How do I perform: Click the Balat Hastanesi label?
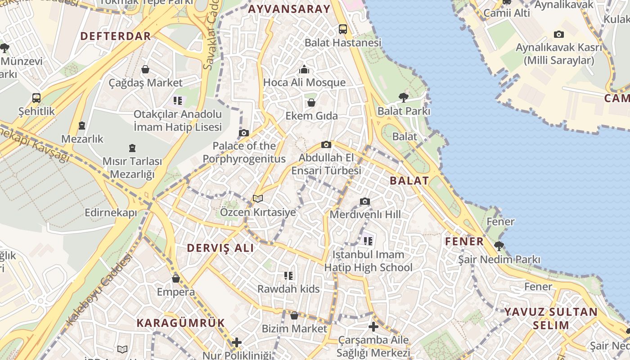343,43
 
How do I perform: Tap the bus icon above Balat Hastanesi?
343,29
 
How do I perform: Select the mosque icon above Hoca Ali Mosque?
304,69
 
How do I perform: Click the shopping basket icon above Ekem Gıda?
311,103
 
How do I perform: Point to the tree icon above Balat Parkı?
404,97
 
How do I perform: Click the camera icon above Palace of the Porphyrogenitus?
244,133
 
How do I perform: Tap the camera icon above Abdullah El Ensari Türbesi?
326,144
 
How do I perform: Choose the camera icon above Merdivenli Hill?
365,201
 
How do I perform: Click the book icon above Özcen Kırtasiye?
258,198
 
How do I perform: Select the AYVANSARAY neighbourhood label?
289,9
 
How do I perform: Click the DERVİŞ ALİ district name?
220,248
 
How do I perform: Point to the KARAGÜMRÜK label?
180,323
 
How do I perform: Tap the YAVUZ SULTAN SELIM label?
551,318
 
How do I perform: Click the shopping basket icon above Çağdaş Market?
145,69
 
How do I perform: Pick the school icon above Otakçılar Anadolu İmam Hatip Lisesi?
178,100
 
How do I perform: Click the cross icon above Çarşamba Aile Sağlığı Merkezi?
373,327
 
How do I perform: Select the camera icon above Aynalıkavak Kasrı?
559,34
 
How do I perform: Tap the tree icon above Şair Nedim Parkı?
499,246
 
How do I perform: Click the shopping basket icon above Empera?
176,279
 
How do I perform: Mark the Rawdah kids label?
288,289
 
